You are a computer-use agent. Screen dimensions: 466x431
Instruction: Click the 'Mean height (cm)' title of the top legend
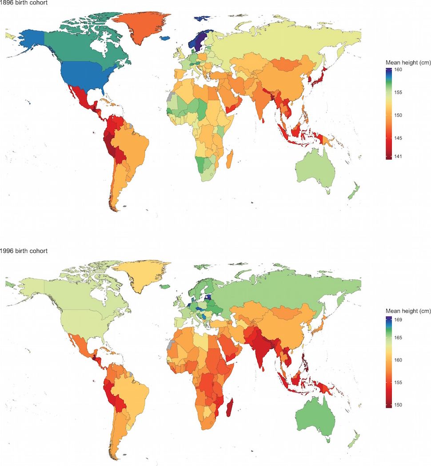click(406, 62)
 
